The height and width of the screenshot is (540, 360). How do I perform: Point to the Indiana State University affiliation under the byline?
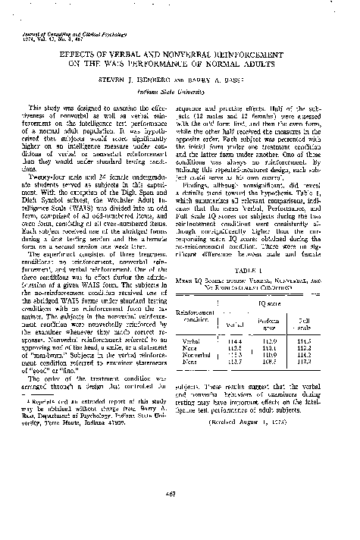(x=180, y=87)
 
